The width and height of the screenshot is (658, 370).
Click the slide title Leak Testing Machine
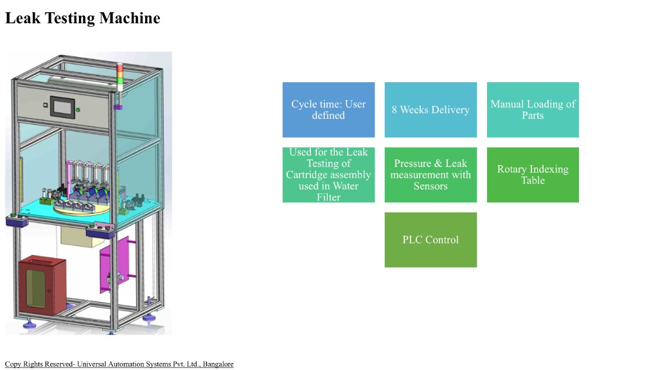[82, 18]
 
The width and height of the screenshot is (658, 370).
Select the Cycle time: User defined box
[328, 110]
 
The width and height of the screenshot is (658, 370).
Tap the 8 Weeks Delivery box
[431, 110]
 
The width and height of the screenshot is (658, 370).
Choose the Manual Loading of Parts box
[533, 110]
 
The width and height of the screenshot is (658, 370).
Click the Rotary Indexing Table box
[533, 175]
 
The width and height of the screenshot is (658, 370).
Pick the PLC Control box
[431, 240]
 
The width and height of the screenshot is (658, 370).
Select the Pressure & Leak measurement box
[431, 175]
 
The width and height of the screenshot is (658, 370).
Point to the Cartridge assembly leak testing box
[328, 175]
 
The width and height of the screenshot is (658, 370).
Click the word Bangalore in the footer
[218, 364]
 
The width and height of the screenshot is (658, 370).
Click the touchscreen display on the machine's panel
[62, 105]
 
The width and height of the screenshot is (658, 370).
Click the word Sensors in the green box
[431, 186]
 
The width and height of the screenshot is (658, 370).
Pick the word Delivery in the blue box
[450, 110]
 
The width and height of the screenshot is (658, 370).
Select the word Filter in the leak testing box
[328, 197]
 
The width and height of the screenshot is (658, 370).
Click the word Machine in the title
[130, 18]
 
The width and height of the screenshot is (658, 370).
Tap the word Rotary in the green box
[512, 170]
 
